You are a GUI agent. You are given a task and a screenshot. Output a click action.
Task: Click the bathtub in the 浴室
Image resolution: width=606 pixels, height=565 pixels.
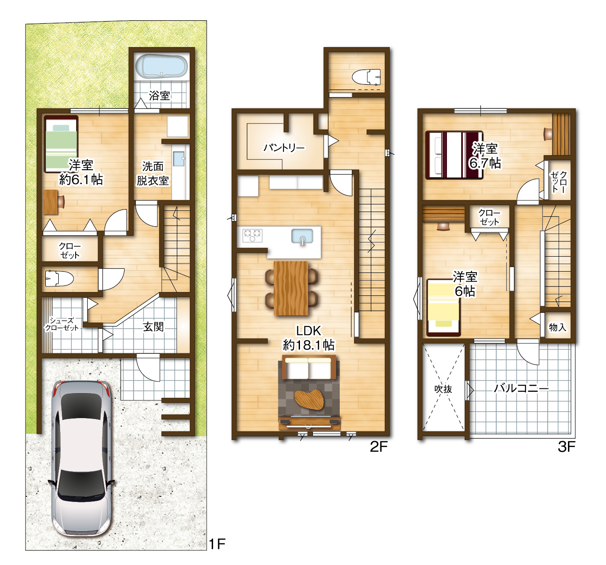161,67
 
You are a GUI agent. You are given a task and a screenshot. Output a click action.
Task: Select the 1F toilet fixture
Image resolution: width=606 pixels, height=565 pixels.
59,279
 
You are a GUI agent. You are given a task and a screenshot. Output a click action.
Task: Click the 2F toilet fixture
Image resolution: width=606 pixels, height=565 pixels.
366,77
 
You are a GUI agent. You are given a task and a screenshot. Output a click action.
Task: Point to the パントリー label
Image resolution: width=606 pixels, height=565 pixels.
284,148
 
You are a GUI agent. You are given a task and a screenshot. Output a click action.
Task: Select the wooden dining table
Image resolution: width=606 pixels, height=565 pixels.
291,288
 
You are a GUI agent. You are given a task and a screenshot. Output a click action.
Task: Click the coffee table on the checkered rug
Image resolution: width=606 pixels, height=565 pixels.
309,400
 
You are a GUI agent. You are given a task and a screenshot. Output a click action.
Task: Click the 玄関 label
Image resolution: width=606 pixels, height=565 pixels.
153,327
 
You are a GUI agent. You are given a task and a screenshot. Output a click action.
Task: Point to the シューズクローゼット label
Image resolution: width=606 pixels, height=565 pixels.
62,324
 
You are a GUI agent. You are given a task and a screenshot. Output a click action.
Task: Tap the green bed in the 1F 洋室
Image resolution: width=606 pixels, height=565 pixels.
61,144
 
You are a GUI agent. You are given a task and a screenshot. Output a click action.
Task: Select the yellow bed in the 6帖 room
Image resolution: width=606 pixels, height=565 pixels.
443,307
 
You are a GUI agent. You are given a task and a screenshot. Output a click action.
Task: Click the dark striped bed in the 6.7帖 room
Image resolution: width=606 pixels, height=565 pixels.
454,155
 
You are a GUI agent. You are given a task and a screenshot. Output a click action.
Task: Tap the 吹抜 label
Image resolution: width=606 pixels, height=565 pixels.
443,389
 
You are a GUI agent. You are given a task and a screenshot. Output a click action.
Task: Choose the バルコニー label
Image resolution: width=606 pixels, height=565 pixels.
521,388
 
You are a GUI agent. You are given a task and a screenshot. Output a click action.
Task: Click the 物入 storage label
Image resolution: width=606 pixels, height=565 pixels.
558,327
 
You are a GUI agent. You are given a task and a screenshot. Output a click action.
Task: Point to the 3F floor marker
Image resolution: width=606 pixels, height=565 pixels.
566,447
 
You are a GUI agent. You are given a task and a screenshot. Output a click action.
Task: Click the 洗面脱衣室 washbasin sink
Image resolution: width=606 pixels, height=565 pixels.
179,159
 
